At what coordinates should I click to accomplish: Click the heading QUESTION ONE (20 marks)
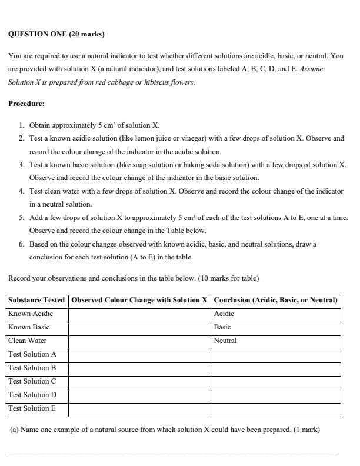click(56, 34)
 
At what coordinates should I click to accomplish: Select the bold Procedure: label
click(26, 104)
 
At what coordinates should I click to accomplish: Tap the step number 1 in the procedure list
click(21, 125)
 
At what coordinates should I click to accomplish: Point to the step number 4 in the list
click(21, 191)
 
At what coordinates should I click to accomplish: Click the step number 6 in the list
click(21, 244)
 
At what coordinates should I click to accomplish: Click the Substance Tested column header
click(36, 300)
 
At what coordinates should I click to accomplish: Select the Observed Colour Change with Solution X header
click(139, 300)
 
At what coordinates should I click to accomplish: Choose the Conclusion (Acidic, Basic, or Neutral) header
click(275, 300)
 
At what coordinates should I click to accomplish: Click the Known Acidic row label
click(30, 314)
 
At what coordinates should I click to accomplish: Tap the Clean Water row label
click(27, 341)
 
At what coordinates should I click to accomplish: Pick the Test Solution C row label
click(32, 381)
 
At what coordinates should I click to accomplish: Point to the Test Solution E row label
click(32, 408)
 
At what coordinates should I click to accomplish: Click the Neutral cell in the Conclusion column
click(225, 341)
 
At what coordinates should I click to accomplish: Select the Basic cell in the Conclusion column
click(222, 327)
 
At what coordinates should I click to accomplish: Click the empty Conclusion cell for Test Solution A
click(275, 354)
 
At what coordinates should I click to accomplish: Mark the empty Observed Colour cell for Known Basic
click(139, 327)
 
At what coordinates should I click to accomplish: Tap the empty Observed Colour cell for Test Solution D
click(139, 395)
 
